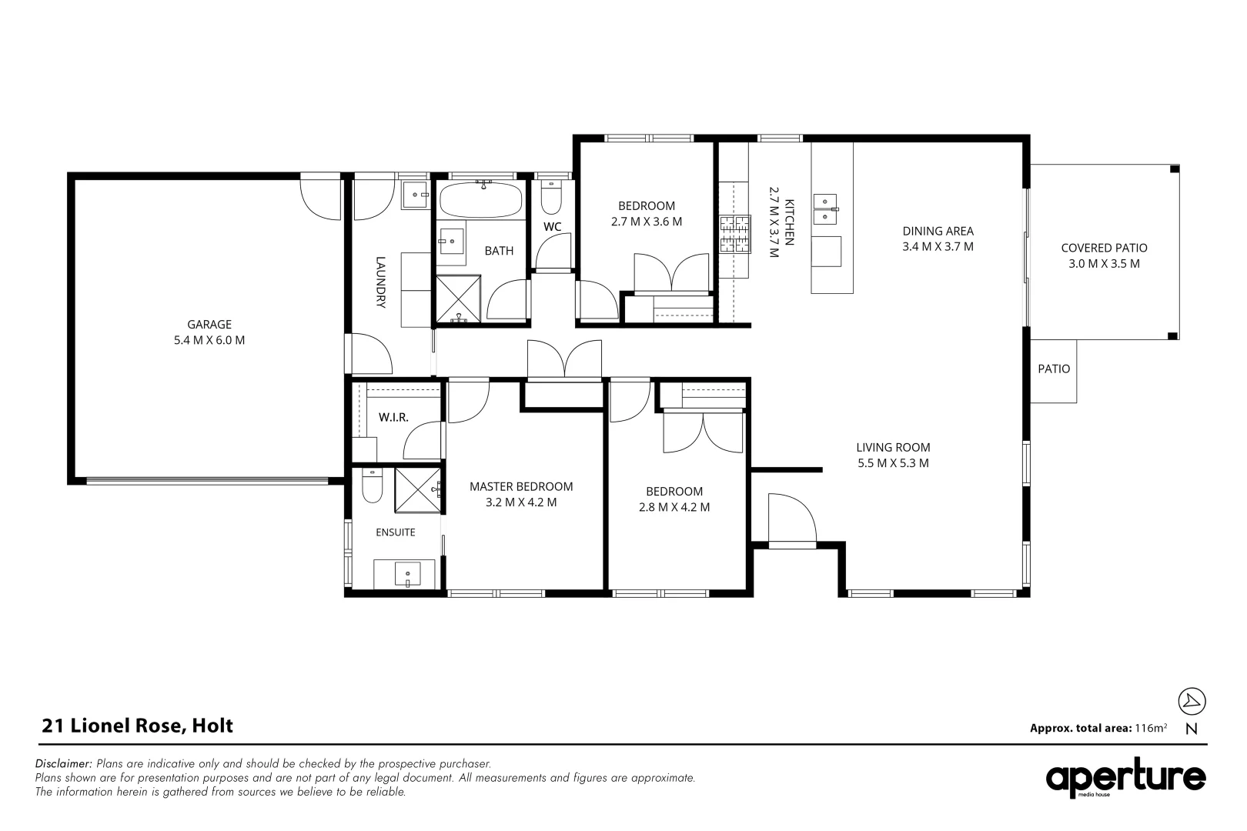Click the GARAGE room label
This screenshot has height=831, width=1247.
coord(209,324)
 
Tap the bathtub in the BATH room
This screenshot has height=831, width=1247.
coord(481,199)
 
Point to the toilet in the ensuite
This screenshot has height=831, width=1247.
coord(373,486)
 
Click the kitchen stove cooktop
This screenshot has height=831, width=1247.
coord(735,235)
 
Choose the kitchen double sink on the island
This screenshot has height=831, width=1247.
coord(826,209)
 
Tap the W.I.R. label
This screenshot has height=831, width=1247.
coord(393,418)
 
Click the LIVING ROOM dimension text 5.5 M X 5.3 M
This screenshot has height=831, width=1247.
coord(893,463)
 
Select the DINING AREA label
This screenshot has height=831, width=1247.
coord(938,231)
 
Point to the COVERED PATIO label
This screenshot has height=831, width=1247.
coord(1104,249)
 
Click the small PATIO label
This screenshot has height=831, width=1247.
coord(1054,369)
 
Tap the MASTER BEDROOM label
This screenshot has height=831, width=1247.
coord(521,486)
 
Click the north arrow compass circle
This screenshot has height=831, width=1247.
coord(1192,701)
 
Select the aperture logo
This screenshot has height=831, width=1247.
coord(1125,778)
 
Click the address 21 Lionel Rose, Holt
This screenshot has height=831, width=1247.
coord(138,726)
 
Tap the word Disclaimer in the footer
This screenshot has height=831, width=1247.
coord(63,763)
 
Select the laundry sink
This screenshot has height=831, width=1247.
coord(416,195)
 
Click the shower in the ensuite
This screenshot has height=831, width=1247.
coord(417,490)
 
